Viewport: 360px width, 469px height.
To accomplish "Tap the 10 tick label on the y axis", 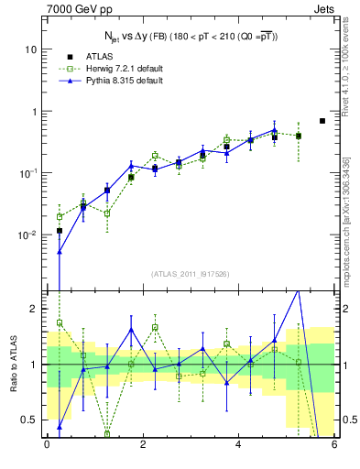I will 30,49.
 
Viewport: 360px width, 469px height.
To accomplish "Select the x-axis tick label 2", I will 142,446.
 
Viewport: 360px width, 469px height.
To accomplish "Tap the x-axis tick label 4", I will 238,446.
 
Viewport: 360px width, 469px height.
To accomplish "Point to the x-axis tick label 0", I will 47,446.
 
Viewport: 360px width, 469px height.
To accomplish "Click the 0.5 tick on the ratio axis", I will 30,420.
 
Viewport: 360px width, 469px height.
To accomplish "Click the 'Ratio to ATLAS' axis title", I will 12,365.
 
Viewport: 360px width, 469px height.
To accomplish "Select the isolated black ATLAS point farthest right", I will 322,121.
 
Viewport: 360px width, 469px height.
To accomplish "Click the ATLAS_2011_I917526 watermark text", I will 190,274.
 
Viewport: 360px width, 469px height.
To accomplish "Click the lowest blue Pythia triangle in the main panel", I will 60,252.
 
